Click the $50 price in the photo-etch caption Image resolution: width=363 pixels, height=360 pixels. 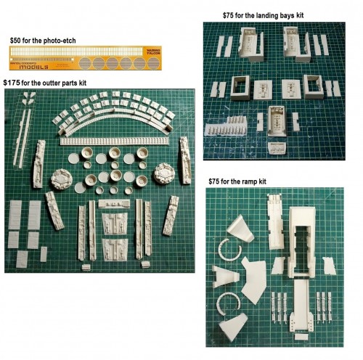pos(16,41)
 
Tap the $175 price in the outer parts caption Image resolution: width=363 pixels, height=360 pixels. pos(15,83)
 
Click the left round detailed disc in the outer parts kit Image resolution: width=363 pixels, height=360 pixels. pos(62,178)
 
